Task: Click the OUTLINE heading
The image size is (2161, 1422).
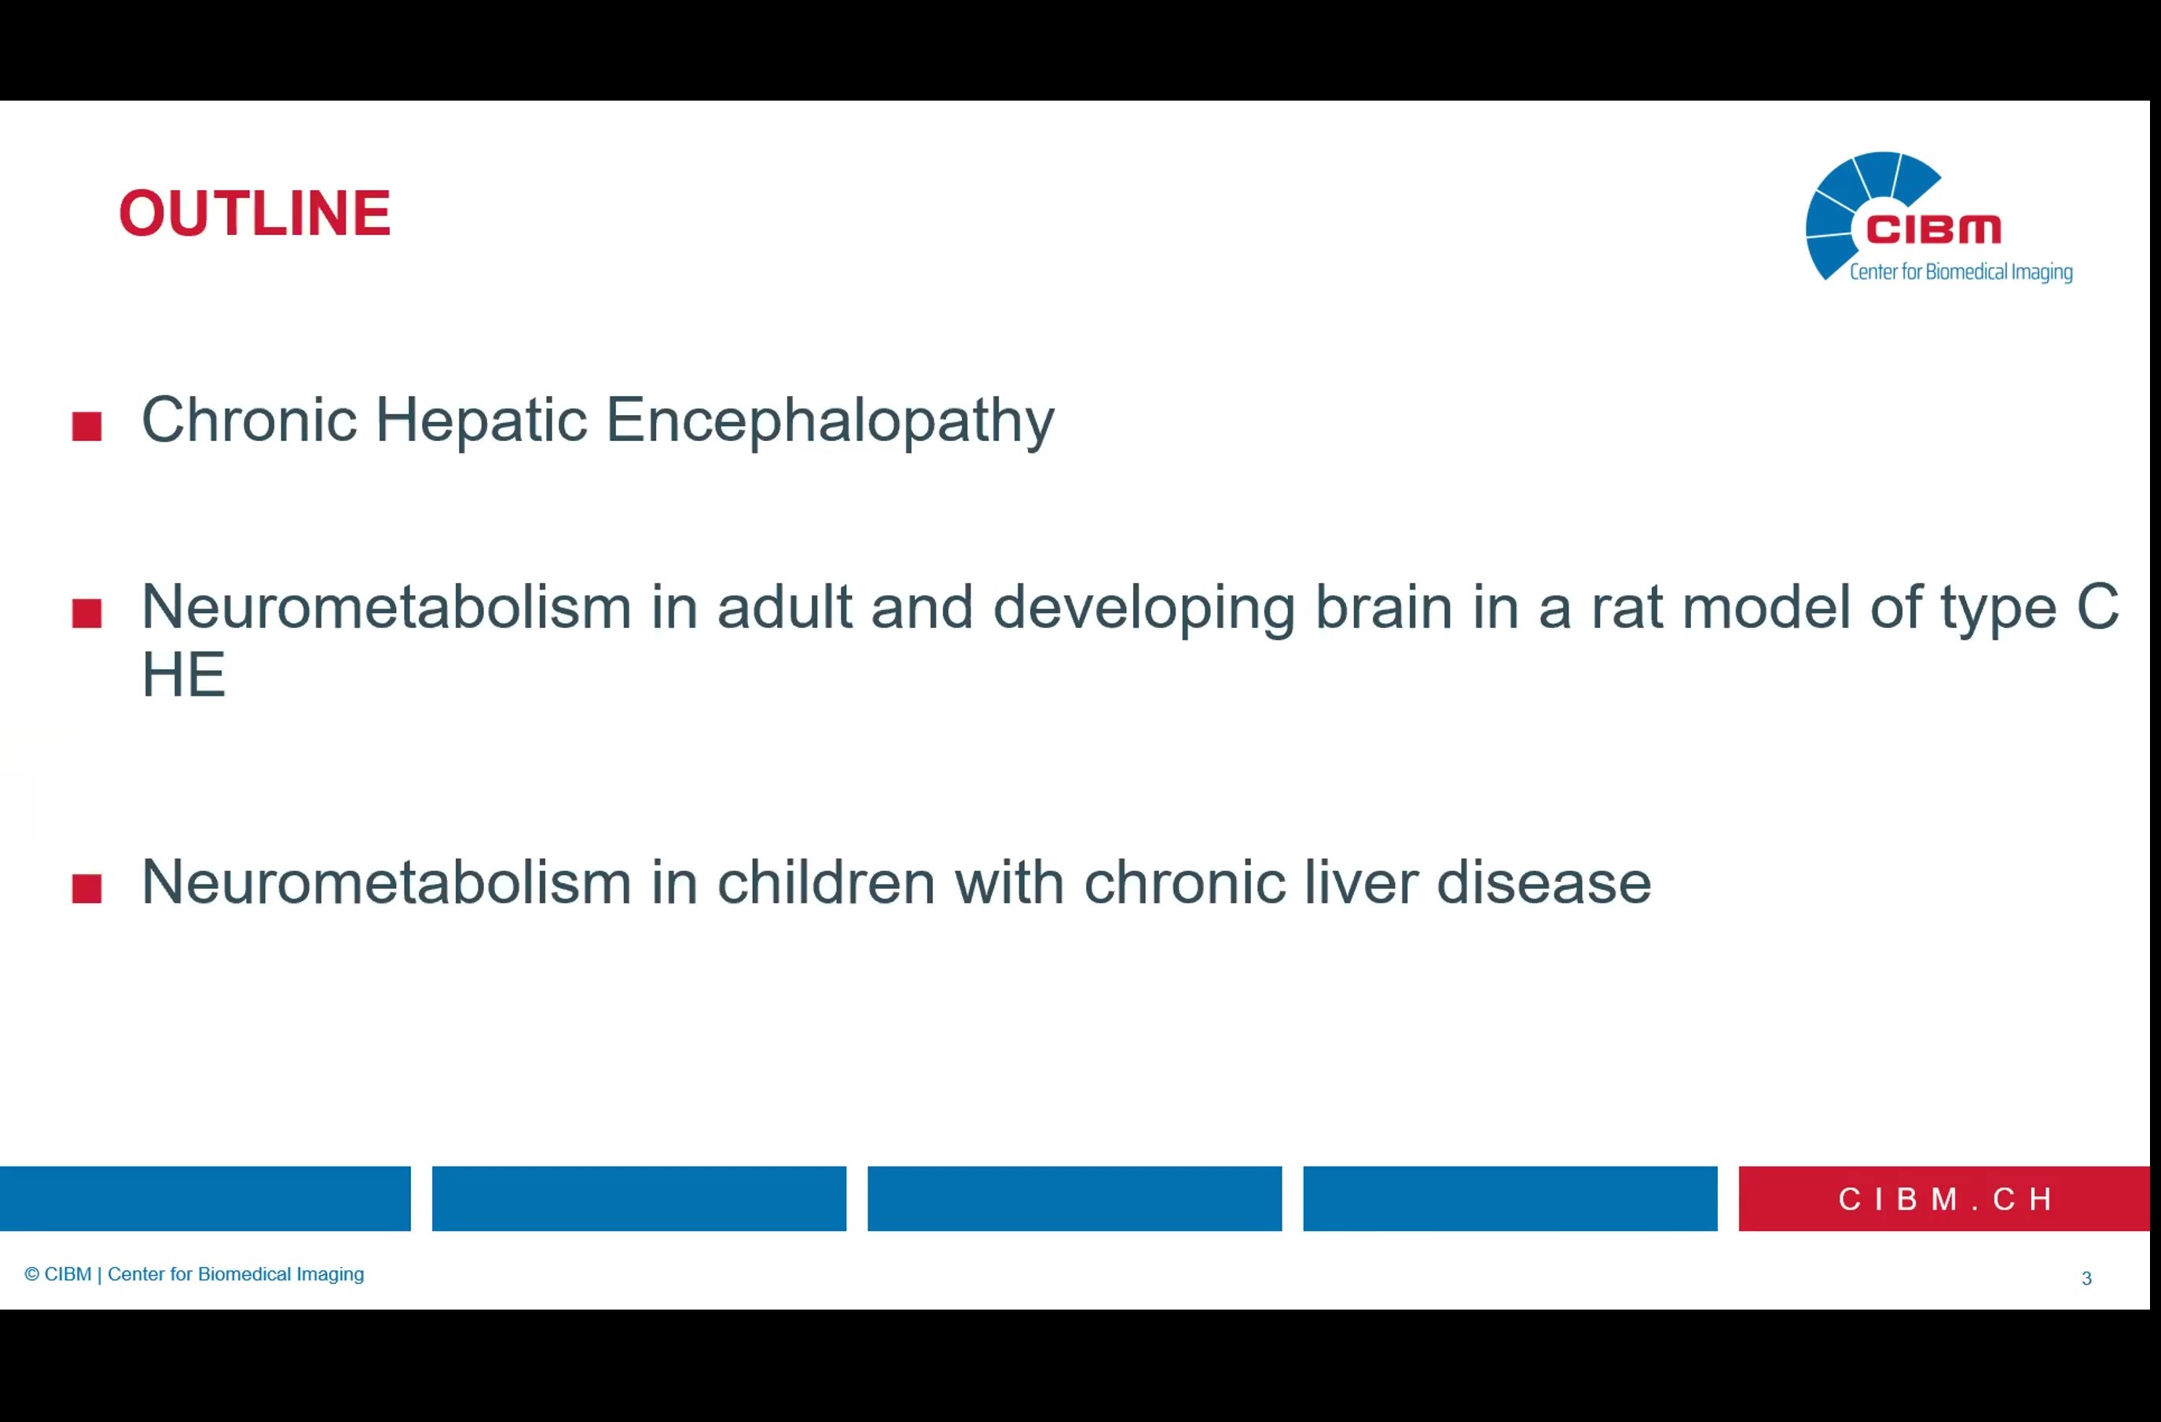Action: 255,215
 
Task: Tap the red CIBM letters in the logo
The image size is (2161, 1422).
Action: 1933,230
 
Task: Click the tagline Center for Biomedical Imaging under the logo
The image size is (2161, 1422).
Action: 1961,271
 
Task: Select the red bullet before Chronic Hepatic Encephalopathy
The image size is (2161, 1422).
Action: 87,426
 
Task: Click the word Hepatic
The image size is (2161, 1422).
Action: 481,421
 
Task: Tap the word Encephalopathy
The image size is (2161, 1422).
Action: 830,421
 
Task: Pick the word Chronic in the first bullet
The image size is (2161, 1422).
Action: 249,420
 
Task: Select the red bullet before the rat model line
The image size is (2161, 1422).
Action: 87,613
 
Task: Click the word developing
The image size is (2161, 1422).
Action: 1144,608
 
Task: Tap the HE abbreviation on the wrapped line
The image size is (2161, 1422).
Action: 183,674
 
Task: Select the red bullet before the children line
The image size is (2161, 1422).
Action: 87,888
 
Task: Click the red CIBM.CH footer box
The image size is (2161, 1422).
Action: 1944,1199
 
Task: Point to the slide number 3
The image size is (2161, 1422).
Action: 2086,1278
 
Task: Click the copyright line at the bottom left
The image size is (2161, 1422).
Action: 194,1274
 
